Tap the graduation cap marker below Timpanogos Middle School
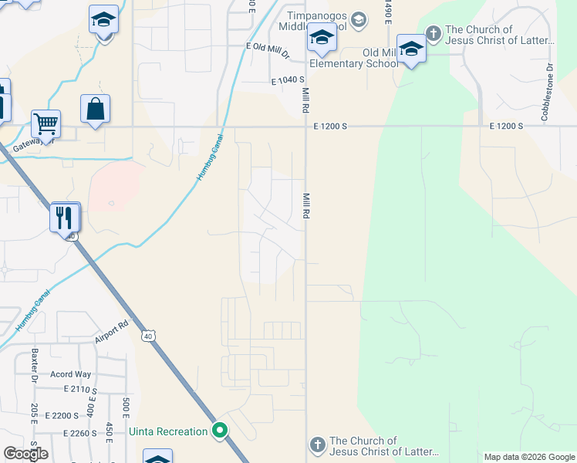321,39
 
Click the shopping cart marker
46,123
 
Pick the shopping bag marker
95,109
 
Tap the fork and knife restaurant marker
65,217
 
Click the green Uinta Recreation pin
220,431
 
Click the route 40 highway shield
148,336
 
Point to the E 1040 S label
288,80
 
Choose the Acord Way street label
71,374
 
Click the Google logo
25,454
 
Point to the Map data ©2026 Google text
528,457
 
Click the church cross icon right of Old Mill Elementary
433,33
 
